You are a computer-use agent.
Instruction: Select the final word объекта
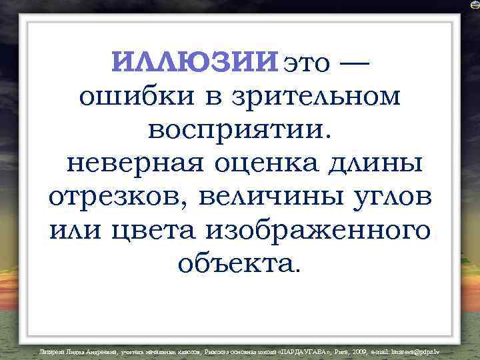[239, 263]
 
